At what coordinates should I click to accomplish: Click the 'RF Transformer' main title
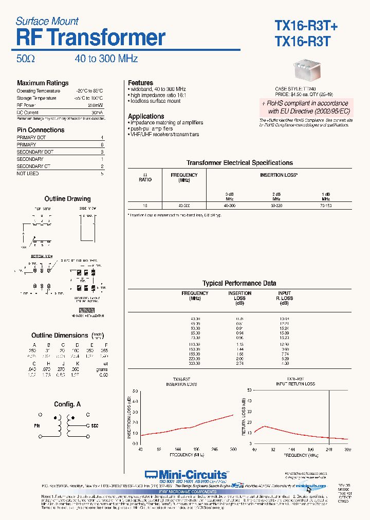pyautogui.click(x=90, y=38)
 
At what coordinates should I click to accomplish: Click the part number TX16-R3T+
pyautogui.click(x=306, y=26)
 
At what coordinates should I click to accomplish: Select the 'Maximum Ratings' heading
pyautogui.click(x=43, y=83)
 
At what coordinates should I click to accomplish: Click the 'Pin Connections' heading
pyautogui.click(x=41, y=130)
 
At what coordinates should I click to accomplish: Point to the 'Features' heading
pyautogui.click(x=140, y=83)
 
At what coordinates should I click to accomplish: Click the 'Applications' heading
pyautogui.click(x=146, y=116)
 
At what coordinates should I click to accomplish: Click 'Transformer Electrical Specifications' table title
pyautogui.click(x=239, y=162)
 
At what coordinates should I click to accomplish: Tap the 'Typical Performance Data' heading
pyautogui.click(x=239, y=283)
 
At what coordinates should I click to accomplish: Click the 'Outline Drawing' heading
pyautogui.click(x=67, y=199)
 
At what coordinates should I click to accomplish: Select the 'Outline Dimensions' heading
pyautogui.click(x=60, y=336)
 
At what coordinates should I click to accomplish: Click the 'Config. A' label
pyautogui.click(x=67, y=404)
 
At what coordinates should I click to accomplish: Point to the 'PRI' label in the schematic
pyautogui.click(x=37, y=426)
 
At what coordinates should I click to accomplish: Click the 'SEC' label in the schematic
pyautogui.click(x=95, y=426)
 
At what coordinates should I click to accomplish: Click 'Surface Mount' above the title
pyautogui.click(x=47, y=21)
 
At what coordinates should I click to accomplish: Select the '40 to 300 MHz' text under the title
pyautogui.click(x=106, y=59)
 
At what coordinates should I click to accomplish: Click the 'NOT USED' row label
pyautogui.click(x=28, y=174)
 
